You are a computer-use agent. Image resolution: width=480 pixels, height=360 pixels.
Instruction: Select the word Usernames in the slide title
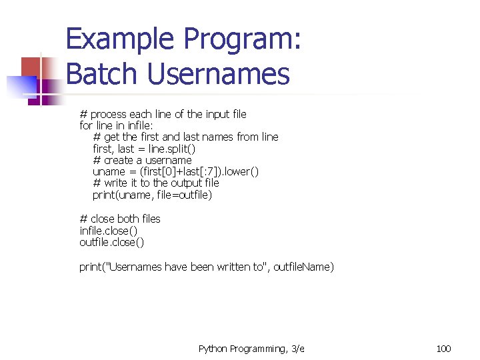coord(218,74)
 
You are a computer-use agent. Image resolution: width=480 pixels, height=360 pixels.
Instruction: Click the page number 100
coord(443,349)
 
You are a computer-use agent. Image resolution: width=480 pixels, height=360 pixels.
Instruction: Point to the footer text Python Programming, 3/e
coord(251,349)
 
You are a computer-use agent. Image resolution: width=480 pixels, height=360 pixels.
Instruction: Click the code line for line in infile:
coord(116,125)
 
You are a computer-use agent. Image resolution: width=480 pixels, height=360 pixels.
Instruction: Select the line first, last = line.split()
coord(144,149)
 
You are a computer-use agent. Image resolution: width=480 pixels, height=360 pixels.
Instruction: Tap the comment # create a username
coord(142,160)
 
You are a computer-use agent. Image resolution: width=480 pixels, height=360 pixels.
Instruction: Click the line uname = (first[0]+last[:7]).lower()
coord(175,171)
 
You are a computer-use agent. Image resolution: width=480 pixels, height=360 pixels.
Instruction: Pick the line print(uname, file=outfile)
coord(152,195)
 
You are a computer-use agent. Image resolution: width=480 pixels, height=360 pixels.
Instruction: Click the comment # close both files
coord(120,219)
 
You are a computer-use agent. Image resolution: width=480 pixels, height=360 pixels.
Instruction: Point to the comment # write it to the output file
coord(156,183)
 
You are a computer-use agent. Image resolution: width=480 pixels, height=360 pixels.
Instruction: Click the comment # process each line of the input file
coord(163,114)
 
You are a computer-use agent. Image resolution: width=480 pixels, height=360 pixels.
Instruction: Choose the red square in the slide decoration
coord(31,67)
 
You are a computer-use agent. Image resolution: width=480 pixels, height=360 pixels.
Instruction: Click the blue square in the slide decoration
coord(20,86)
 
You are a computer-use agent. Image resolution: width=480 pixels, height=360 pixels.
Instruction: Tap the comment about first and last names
coord(185,137)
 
